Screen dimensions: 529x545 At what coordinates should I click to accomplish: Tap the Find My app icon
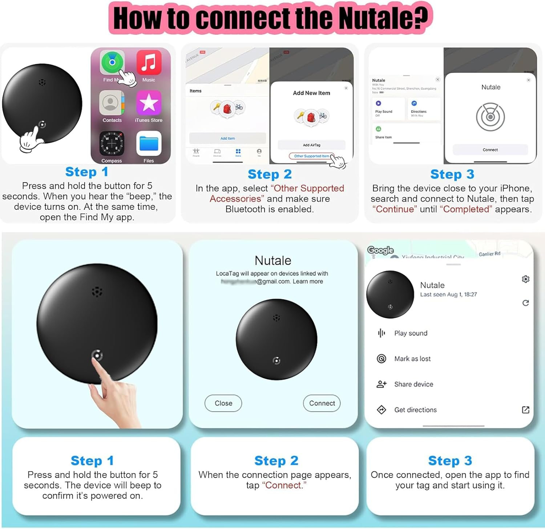click(x=112, y=62)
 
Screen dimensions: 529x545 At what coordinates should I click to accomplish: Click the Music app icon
click(x=149, y=62)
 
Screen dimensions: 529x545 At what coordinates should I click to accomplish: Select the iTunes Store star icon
click(x=149, y=103)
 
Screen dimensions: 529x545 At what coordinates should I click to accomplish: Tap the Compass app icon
click(x=112, y=143)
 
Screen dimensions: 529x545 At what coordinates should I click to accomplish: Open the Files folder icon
click(x=149, y=143)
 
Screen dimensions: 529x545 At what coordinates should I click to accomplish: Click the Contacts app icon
click(x=112, y=103)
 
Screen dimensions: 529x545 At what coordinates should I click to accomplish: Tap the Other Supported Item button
click(x=311, y=156)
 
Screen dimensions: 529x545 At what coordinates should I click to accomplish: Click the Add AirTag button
click(x=311, y=145)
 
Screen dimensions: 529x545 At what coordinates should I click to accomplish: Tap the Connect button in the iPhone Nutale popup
click(x=490, y=150)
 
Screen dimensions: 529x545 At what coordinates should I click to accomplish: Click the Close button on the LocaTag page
click(x=223, y=403)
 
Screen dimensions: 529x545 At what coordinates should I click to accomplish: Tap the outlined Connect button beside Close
click(x=322, y=403)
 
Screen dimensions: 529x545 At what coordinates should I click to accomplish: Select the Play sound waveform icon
click(x=381, y=333)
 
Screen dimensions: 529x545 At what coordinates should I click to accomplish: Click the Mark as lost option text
click(x=412, y=359)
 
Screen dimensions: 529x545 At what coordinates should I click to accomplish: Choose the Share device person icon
click(x=381, y=384)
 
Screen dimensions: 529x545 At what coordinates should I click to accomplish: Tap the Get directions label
click(x=415, y=410)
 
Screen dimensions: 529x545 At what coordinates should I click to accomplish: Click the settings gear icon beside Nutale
click(x=525, y=279)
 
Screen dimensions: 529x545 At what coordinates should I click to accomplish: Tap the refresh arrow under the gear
click(x=525, y=303)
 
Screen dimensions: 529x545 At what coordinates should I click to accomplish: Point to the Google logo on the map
click(x=380, y=250)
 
